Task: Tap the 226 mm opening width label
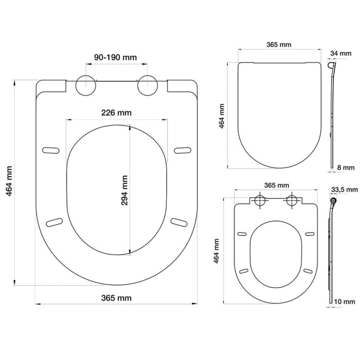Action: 116,113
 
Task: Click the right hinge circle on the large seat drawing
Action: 148,85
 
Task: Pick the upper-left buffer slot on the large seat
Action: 50,150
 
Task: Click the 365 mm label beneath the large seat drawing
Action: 116,298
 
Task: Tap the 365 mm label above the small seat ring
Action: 276,185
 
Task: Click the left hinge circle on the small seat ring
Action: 260,200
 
